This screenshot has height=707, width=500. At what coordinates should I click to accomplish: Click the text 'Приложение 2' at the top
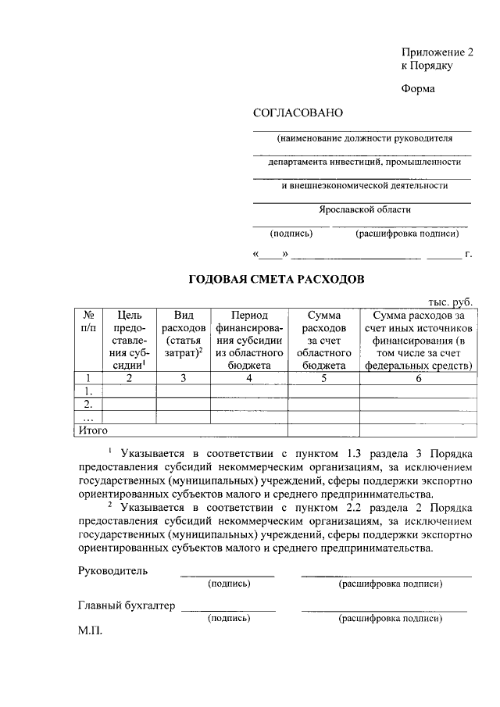(437, 52)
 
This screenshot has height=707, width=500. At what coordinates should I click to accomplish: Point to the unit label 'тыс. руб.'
(451, 302)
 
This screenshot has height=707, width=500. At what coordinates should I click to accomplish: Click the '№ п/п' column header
(88, 321)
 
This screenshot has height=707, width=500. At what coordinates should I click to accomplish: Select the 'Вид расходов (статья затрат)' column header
(184, 334)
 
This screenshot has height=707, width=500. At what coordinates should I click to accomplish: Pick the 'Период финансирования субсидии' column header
(249, 340)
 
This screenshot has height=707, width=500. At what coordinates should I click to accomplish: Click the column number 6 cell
(419, 378)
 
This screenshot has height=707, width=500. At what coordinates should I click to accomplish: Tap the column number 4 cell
(249, 378)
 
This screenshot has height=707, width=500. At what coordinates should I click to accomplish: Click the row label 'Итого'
(93, 430)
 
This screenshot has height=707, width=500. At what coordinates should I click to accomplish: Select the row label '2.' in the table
(88, 404)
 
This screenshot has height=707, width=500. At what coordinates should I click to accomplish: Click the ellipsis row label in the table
(87, 417)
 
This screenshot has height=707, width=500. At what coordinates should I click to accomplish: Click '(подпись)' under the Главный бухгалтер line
(228, 619)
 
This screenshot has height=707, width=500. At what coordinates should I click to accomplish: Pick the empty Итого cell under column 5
(324, 430)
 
